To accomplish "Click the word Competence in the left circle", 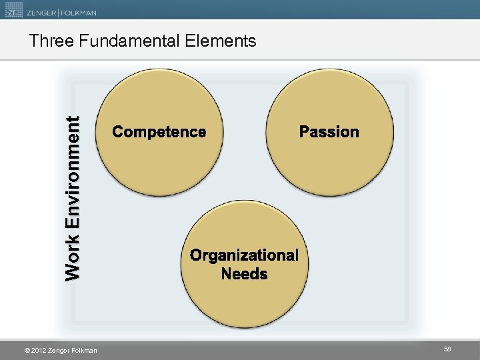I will click(159, 132).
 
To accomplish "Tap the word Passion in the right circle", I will click(329, 132).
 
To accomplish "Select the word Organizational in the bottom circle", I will click(244, 255).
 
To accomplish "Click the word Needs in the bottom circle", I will click(244, 274).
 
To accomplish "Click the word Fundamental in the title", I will click(129, 41).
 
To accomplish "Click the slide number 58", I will click(447, 349).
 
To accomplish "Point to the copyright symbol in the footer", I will click(26, 351).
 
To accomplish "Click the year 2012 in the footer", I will click(38, 351).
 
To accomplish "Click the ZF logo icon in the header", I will click(13, 11).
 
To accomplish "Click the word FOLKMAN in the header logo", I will click(78, 11).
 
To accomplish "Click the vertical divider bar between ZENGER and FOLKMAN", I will click(58, 11).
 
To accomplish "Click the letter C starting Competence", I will click(118, 132).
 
